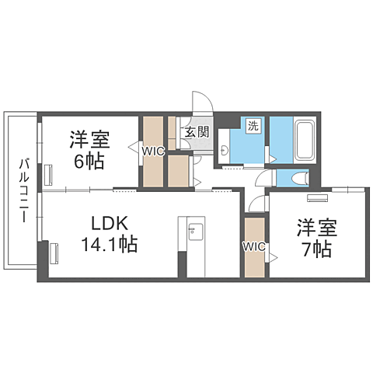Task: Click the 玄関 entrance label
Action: tap(196, 132)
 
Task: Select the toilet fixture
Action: tap(298, 179)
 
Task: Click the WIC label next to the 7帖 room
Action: tap(254, 247)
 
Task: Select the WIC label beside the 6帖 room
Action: tap(152, 152)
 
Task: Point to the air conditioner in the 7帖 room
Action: tap(317, 197)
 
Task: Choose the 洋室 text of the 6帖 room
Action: tap(90, 141)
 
